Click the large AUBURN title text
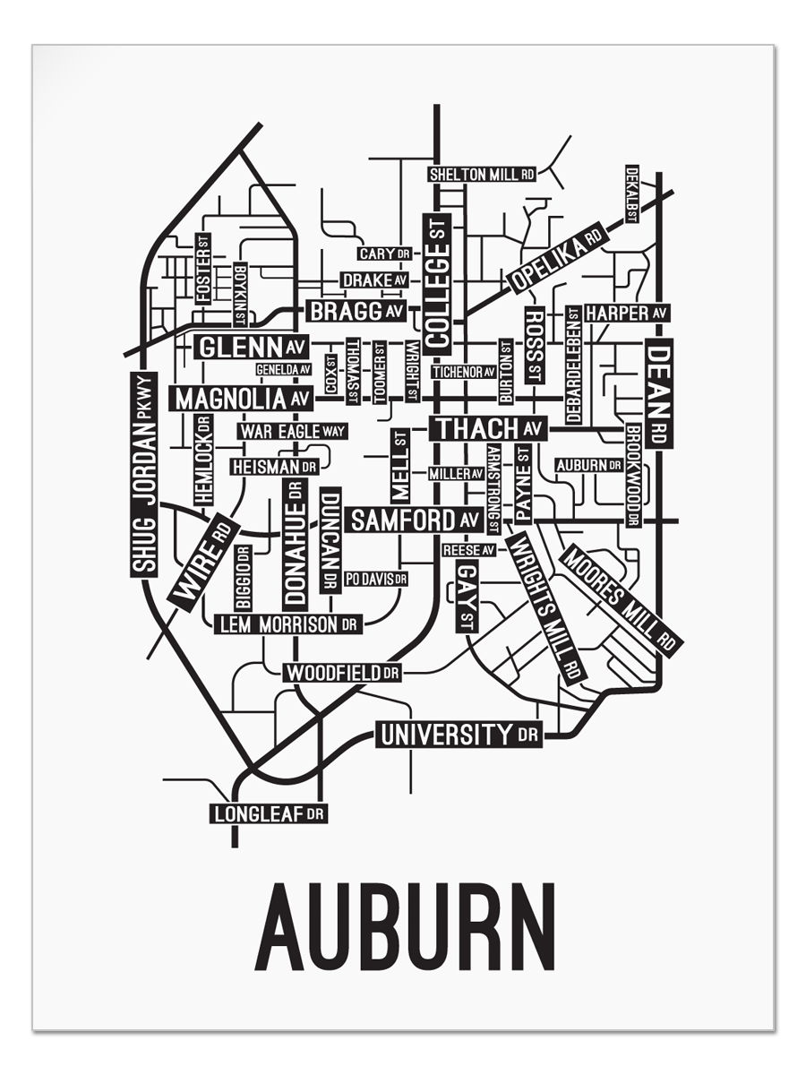pos(405,926)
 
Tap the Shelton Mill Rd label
pos(482,175)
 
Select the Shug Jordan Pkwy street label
pos(144,475)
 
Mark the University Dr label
pos(459,735)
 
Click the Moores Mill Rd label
pos(621,598)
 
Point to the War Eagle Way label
pos(292,431)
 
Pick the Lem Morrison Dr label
pos(287,624)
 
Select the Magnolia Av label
pos(242,399)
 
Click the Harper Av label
pos(627,313)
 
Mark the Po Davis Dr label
pos(375,579)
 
